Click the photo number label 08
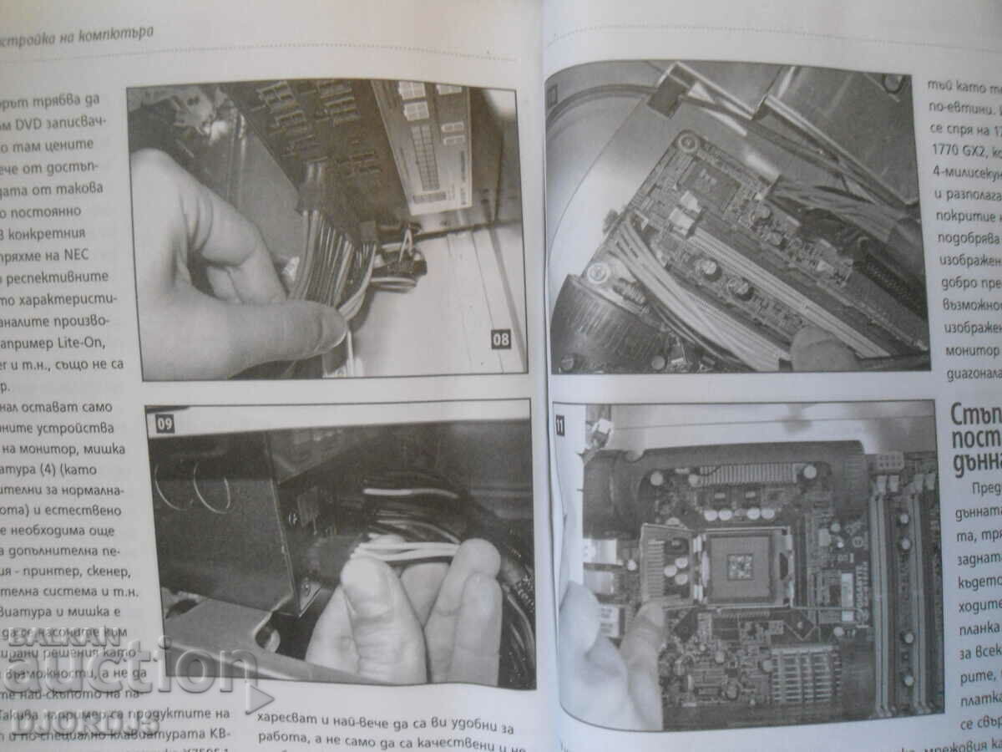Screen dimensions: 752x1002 pos(500,339)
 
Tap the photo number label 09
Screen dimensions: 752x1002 pos(164,424)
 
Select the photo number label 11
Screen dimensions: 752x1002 pos(559,425)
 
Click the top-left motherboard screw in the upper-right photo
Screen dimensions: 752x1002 pos(686,141)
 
